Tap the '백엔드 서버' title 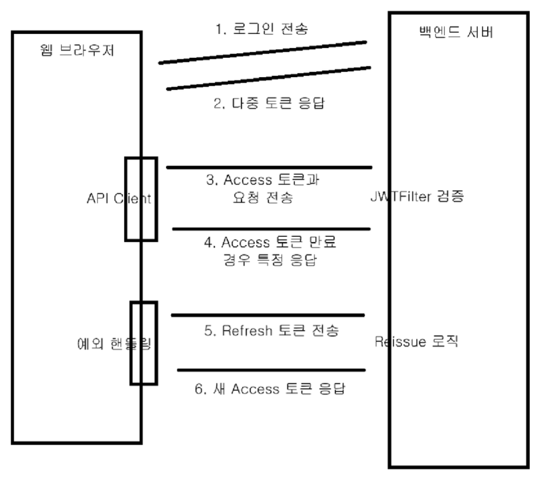[x=455, y=32]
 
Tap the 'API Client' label [x=119, y=198]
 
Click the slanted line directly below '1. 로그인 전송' [x=262, y=52]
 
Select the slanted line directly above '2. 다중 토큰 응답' [x=269, y=78]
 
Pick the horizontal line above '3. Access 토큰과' [x=269, y=167]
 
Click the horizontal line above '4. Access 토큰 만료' [x=271, y=229]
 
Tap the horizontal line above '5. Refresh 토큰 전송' [x=267, y=315]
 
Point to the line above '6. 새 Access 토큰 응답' [x=271, y=370]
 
